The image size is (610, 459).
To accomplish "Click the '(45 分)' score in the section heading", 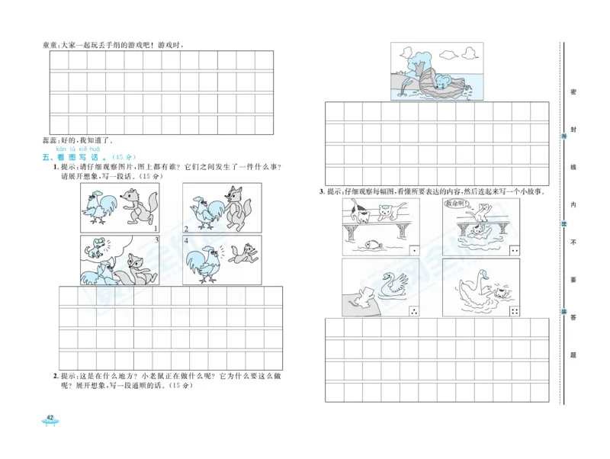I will tap(125, 158).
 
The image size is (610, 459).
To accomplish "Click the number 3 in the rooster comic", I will tap(156, 239).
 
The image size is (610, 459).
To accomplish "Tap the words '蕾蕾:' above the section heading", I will tap(52, 140).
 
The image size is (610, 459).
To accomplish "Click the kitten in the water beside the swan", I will tap(497, 290).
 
